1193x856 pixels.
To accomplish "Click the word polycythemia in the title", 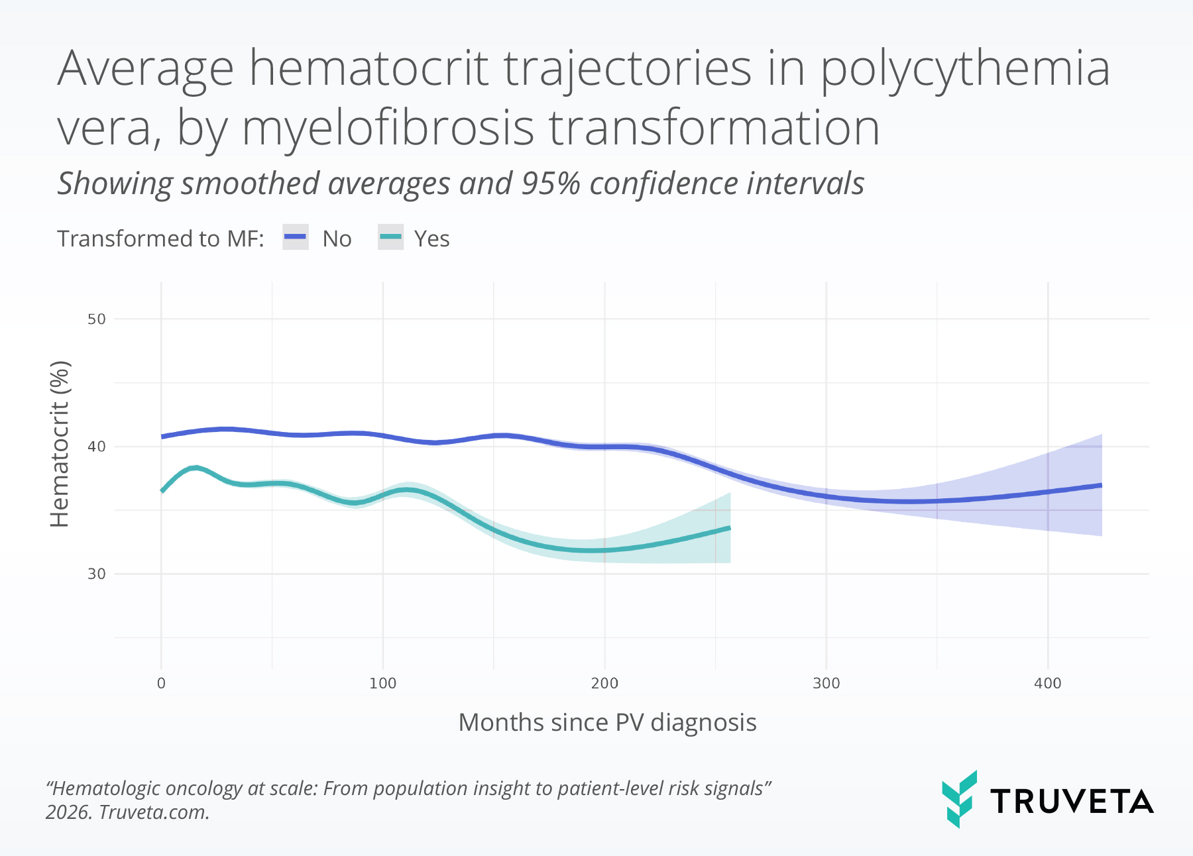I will [x=965, y=70].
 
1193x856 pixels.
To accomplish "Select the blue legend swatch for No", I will [x=296, y=237].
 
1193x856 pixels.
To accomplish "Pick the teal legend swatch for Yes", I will [x=390, y=237].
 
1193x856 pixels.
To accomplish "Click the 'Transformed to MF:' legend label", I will [x=160, y=239].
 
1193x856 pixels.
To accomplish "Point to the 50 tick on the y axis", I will [x=97, y=319].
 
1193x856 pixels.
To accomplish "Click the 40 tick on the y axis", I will [x=97, y=447].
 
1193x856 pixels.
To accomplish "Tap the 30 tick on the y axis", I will [x=97, y=574].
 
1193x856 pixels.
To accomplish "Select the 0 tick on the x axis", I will [x=161, y=684].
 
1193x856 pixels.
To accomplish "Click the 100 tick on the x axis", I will [x=382, y=684].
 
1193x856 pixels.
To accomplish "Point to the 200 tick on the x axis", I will [x=604, y=684].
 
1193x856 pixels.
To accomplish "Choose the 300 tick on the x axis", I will [x=826, y=684].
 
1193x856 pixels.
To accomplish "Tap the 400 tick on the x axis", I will [x=1047, y=684].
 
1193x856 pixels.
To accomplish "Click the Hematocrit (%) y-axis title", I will [x=60, y=444].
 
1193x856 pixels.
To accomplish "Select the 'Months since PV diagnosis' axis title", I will [x=607, y=722].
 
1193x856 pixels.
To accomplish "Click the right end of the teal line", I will [x=729, y=528].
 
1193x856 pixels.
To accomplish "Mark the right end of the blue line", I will [x=1100, y=486].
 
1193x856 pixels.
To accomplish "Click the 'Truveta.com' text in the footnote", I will [x=154, y=812].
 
